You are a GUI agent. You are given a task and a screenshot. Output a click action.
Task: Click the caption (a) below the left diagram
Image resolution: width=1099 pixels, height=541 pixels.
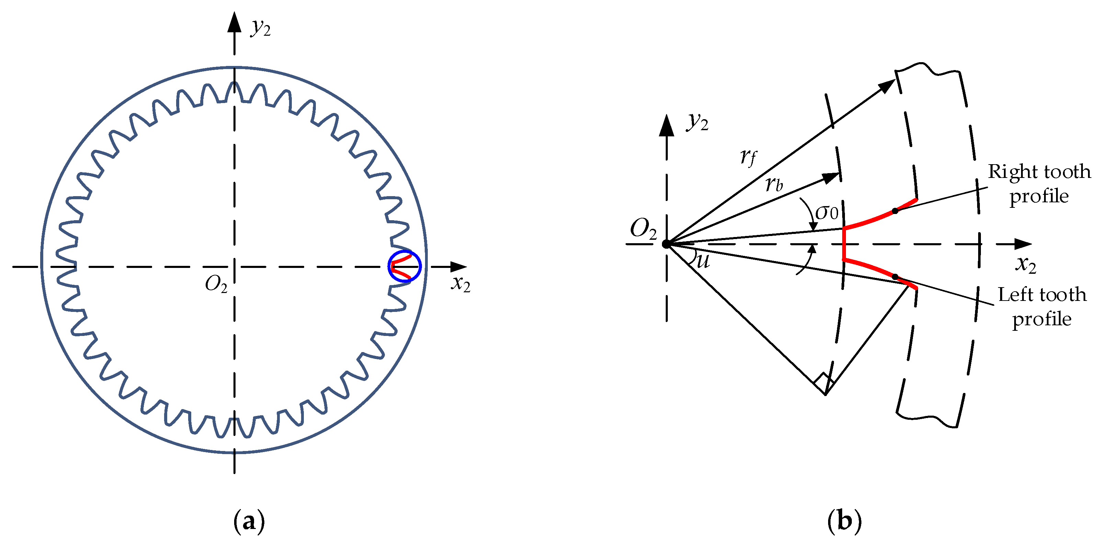[x=249, y=521]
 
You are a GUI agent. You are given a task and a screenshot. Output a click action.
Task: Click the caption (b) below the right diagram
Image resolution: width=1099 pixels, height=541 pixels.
[x=844, y=521]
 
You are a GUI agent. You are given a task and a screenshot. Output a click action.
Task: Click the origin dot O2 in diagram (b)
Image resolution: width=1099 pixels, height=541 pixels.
[x=666, y=244]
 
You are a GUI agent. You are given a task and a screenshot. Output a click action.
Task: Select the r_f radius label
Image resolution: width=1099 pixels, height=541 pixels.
[x=748, y=157]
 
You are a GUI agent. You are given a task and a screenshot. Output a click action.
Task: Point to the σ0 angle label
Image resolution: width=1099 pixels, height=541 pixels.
[x=826, y=212]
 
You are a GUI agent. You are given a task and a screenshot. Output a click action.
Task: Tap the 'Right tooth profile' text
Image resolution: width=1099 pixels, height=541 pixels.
[x=1039, y=184]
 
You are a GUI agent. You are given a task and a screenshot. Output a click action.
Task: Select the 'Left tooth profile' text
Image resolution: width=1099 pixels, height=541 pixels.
[x=1042, y=307]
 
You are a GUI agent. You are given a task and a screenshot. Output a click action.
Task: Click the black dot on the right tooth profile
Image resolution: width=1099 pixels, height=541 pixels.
[x=895, y=211]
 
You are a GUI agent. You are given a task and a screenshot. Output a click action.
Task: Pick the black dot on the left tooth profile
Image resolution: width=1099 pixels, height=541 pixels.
[x=895, y=277]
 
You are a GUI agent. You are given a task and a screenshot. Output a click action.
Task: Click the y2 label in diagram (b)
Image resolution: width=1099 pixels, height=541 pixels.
[x=697, y=123]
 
